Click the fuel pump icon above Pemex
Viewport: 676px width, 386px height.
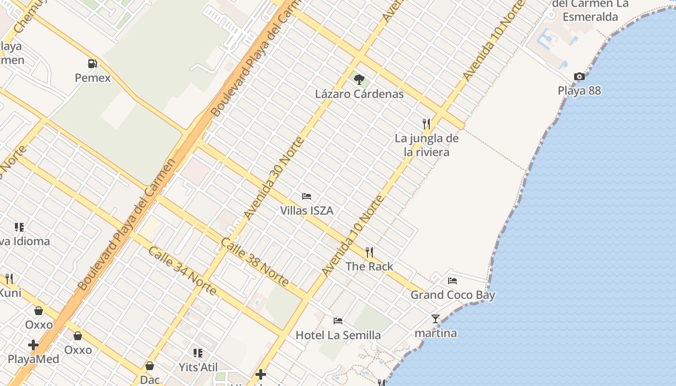tap(92, 63)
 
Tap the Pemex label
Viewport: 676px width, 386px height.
tap(93, 78)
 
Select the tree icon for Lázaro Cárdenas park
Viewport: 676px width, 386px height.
tap(359, 79)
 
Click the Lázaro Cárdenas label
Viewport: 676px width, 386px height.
tap(359, 94)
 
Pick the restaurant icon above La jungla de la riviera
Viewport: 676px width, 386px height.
tap(426, 124)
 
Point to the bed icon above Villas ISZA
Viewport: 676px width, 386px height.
tap(307, 196)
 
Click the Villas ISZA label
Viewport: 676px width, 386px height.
tap(307, 211)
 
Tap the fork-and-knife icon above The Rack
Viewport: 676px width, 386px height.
tap(369, 252)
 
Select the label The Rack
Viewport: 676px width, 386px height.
tap(369, 266)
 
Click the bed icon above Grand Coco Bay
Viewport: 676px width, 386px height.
tap(452, 280)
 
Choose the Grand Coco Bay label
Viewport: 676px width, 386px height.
tap(453, 295)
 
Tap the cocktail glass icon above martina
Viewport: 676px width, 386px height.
tap(436, 318)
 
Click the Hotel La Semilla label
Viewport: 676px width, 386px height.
tap(338, 335)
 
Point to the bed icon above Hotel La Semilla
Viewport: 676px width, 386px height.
tap(338, 320)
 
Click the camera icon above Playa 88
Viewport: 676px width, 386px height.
tap(579, 76)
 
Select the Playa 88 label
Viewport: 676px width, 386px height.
tap(579, 91)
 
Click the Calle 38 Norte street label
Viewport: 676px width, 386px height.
tap(255, 262)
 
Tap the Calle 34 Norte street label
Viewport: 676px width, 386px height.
tap(182, 270)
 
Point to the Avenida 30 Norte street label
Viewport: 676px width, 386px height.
tap(273, 179)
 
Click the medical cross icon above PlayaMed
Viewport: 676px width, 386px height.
tap(33, 345)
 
